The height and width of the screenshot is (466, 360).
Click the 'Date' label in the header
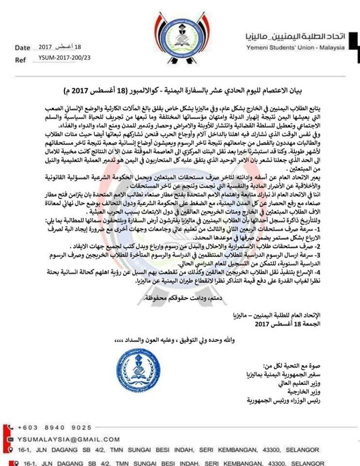(22, 48)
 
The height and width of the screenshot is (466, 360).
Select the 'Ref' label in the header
(20, 60)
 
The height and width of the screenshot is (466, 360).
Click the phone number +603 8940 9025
(54, 428)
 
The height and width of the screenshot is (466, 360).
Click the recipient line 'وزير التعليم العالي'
(297, 383)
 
